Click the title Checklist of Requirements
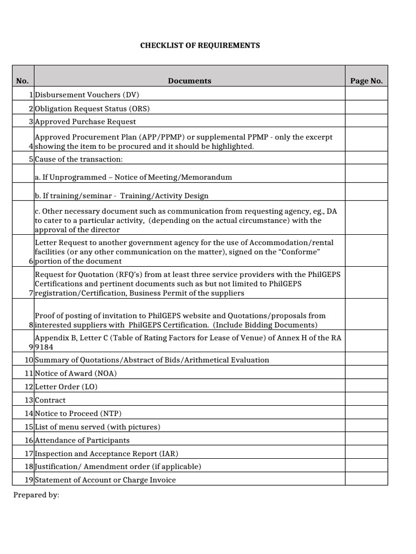click(x=200, y=45)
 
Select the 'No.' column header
click(x=22, y=81)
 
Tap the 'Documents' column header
click(x=189, y=81)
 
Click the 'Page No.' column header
click(x=366, y=81)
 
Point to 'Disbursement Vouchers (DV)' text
click(x=87, y=95)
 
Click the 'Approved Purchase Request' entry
click(x=86, y=122)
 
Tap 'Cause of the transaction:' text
click(x=79, y=159)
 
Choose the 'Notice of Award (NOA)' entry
click(x=76, y=373)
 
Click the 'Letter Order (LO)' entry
click(x=66, y=387)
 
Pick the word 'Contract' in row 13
click(x=50, y=400)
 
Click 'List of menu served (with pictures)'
click(x=97, y=427)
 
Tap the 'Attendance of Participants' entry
click(x=82, y=440)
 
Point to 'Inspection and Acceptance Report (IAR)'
click(x=106, y=453)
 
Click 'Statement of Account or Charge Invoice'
click(x=106, y=480)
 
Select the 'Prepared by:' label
click(x=36, y=495)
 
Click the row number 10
click(x=28, y=360)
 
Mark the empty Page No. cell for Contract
click(x=366, y=400)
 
